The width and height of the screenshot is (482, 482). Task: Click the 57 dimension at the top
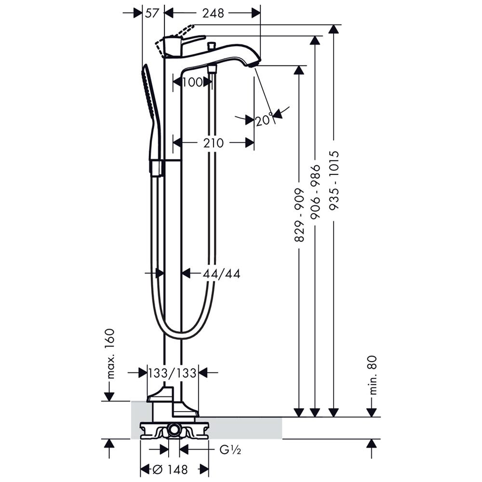(152, 13)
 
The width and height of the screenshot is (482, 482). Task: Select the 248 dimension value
(213, 13)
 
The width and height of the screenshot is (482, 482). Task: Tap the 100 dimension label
(192, 82)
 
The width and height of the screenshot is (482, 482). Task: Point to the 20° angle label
(264, 119)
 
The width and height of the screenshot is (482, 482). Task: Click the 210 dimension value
(214, 143)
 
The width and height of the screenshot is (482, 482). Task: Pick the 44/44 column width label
(221, 274)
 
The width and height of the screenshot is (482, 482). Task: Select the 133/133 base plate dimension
(172, 373)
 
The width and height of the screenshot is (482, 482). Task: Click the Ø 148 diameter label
(170, 469)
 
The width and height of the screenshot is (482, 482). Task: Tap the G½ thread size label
(230, 450)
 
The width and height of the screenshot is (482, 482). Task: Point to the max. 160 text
(110, 353)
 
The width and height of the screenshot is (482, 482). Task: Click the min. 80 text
(373, 375)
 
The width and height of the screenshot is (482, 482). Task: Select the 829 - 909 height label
(299, 215)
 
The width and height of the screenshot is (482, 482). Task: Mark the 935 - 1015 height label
(334, 180)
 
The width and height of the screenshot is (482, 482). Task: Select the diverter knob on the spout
(211, 46)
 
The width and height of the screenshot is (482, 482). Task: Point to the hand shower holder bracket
(157, 168)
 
